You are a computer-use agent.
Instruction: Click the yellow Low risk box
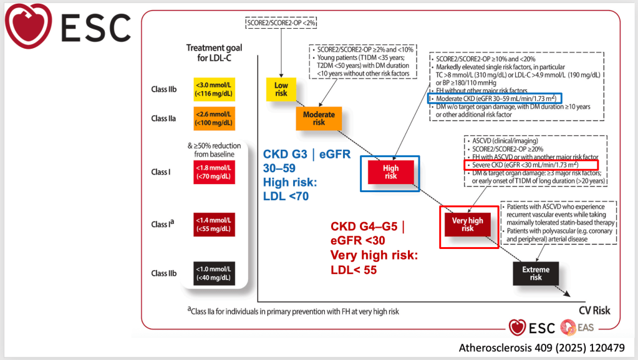coord(281,89)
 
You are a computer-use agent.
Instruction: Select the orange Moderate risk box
coord(319,119)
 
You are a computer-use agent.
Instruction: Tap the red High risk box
coord(390,172)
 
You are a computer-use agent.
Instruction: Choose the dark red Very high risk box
coord(467,224)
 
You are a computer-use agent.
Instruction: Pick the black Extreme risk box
coord(536,273)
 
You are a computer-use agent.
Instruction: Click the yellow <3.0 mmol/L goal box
coord(214,89)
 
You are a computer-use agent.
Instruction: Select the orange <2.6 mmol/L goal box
coord(214,119)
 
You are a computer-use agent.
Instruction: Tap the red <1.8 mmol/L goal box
coord(214,172)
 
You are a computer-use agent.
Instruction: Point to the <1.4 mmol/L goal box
coord(214,225)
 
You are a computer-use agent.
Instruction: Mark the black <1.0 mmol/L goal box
coord(214,273)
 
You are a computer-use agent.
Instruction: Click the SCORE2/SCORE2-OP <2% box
coord(281,23)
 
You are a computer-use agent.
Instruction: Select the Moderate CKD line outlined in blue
coord(495,98)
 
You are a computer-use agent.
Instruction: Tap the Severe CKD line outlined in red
coord(531,165)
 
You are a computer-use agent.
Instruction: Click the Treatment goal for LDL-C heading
coord(214,53)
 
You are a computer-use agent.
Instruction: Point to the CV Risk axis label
coord(594,311)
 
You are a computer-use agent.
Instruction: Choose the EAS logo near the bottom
coord(577,328)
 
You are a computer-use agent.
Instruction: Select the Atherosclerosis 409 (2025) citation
coord(541,348)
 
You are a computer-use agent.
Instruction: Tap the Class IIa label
coord(163,119)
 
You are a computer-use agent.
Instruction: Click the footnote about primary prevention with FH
coord(293,311)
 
